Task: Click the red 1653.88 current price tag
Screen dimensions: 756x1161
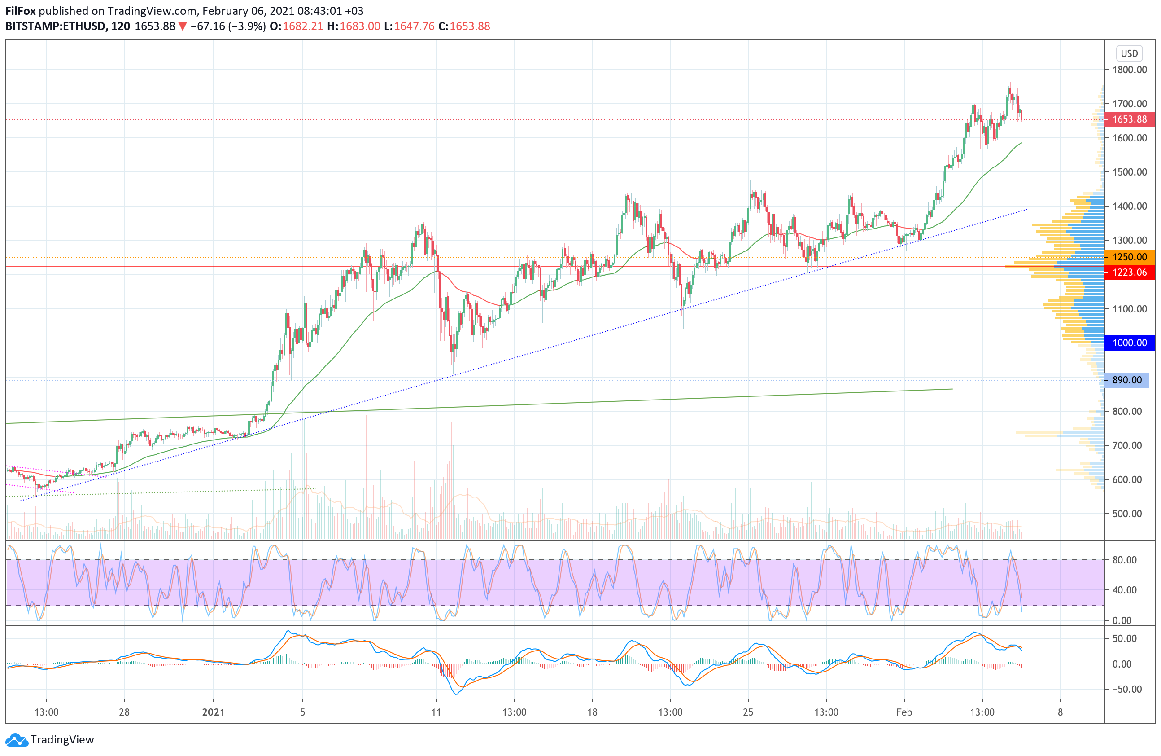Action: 1129,119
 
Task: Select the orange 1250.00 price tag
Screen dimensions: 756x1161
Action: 1129,257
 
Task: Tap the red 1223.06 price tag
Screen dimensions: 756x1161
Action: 1129,273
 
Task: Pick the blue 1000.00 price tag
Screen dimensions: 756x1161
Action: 1129,343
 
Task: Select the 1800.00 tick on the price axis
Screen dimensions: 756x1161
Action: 1129,70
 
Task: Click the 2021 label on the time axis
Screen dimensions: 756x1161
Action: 213,712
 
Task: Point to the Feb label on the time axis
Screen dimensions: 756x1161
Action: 904,712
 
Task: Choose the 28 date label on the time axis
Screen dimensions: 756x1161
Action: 124,712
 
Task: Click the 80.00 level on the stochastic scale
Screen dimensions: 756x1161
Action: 1124,560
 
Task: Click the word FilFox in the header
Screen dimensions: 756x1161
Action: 21,11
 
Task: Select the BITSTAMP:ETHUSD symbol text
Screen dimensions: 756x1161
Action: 56,26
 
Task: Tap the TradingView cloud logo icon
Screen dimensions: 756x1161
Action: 17,740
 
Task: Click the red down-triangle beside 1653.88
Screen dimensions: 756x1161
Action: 183,26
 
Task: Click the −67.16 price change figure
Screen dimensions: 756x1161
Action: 208,26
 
